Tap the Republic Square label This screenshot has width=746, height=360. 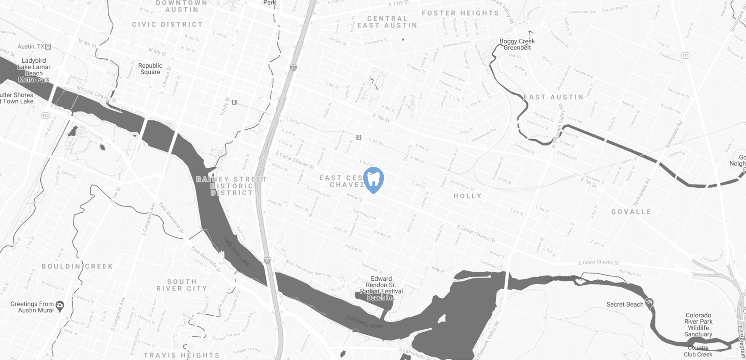pyautogui.click(x=150, y=69)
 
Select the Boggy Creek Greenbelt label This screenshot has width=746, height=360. pyautogui.click(x=517, y=44)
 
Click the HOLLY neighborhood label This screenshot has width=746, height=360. pyautogui.click(x=468, y=196)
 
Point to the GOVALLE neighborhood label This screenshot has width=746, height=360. pyautogui.click(x=631, y=212)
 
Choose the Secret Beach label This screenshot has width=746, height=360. pyautogui.click(x=625, y=305)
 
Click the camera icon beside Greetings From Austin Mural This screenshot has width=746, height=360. pyautogui.click(x=60, y=305)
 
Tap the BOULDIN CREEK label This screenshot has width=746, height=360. pyautogui.click(x=77, y=266)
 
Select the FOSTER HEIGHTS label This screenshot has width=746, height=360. pyautogui.click(x=460, y=13)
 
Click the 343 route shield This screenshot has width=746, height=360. pyautogui.click(x=45, y=115)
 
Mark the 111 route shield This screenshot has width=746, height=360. pyautogui.click(x=685, y=55)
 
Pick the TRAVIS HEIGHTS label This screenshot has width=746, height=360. pyautogui.click(x=181, y=355)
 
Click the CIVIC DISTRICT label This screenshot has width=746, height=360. pyautogui.click(x=167, y=24)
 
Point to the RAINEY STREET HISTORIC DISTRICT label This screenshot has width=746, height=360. pyautogui.click(x=231, y=186)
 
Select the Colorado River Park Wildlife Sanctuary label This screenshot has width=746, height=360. pyautogui.click(x=698, y=325)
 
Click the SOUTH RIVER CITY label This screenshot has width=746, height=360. pyautogui.click(x=181, y=285)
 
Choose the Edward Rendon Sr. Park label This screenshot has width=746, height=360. pyautogui.click(x=381, y=288)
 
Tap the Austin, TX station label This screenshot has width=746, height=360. pyautogui.click(x=31, y=47)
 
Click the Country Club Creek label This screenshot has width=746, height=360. pyautogui.click(x=698, y=351)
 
